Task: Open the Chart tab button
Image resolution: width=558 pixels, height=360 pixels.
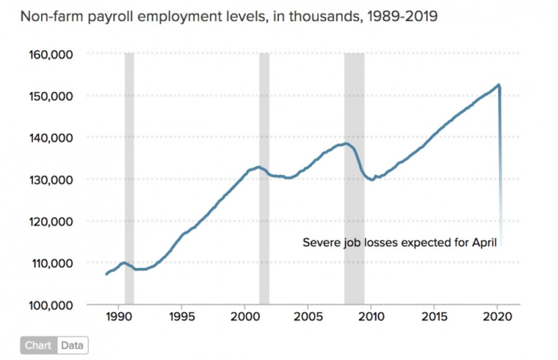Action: (37, 345)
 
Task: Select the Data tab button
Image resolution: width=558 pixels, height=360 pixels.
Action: (71, 345)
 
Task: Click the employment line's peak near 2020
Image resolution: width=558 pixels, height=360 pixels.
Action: (499, 85)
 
